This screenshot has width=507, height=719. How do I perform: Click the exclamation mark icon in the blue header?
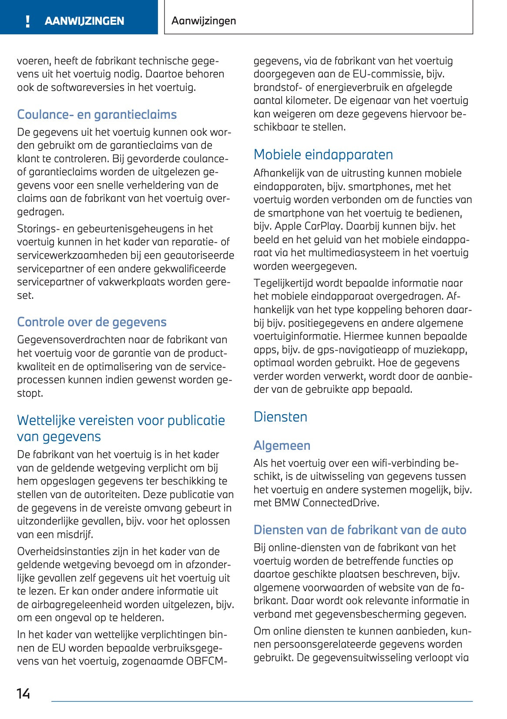pos(28,21)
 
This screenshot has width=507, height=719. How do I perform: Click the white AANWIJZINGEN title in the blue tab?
pos(84,21)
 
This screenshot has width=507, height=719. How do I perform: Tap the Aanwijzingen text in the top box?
pos(204,21)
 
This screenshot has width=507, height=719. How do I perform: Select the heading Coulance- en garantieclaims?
pos(97,114)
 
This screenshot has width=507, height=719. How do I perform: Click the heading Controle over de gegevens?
pos(91,322)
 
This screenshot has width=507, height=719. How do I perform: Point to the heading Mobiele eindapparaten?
pos(323,154)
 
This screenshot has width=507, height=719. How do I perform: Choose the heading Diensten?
pos(280,417)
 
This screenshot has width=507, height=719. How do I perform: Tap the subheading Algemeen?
pos(282,445)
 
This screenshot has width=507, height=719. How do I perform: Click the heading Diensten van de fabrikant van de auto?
pos(359,530)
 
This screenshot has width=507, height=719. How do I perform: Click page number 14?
pos(24,693)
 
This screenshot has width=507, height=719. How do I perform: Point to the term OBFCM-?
pos(207,661)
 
